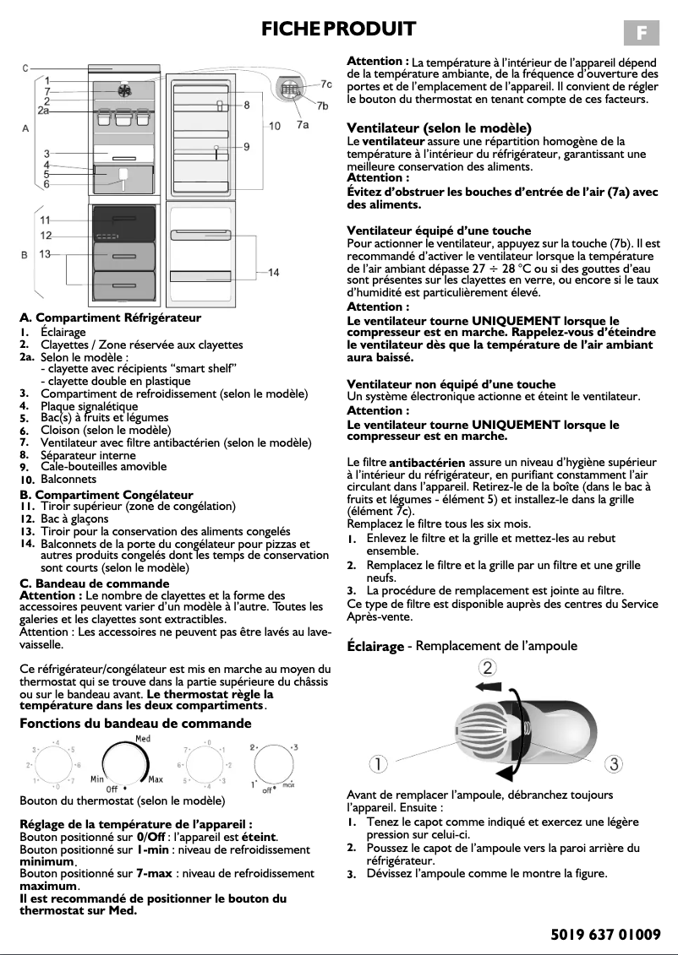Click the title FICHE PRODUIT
[338, 30]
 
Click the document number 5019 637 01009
[604, 934]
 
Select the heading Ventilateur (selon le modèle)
[439, 128]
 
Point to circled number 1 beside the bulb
[378, 764]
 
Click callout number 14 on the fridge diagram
[273, 273]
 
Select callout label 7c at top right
[325, 84]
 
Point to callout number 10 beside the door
[275, 126]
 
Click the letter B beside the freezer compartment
[25, 254]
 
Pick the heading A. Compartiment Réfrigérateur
[111, 318]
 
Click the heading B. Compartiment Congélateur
[107, 495]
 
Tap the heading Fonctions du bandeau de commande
[135, 724]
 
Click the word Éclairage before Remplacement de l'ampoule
[375, 647]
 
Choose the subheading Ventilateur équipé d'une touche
[439, 231]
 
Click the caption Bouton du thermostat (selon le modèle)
[122, 800]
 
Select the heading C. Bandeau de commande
[94, 583]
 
